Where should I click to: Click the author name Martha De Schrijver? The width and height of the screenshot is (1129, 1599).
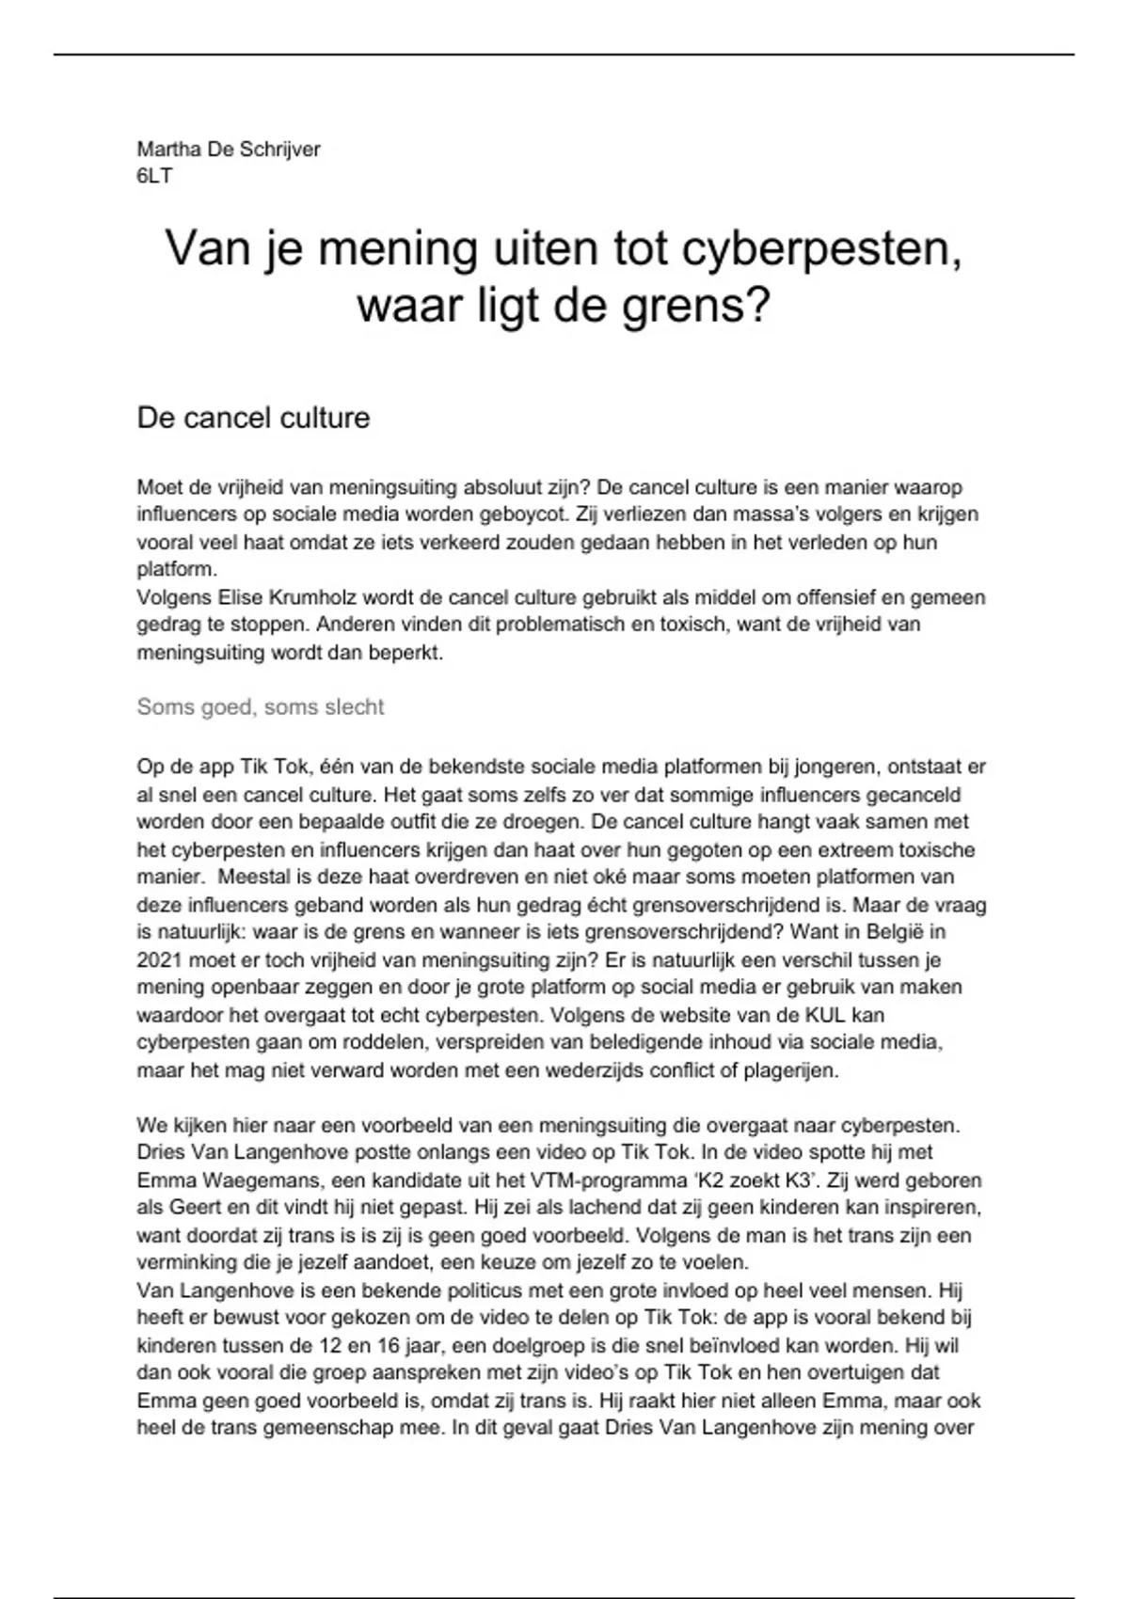[x=229, y=149]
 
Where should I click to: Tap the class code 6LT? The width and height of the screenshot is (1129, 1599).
[x=154, y=175]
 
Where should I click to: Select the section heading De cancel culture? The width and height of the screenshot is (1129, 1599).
[x=253, y=418]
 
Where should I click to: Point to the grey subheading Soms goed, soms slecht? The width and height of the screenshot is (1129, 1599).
[x=261, y=707]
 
